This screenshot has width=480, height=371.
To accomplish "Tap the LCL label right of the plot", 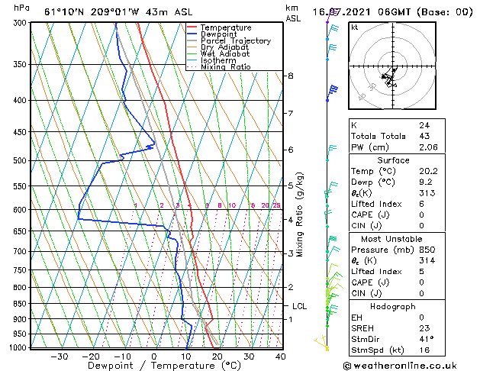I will coord(300,306).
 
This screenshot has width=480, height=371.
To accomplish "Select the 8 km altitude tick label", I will coord(291,76).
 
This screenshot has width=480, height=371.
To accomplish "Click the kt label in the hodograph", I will coord(354,27).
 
